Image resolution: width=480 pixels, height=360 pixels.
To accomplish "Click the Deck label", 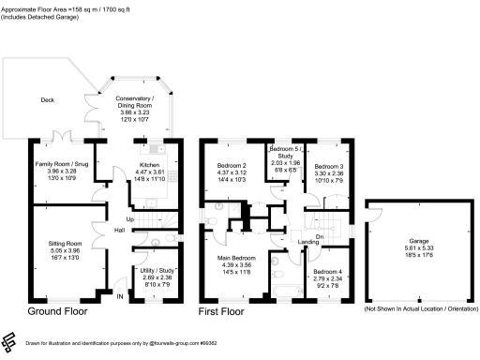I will (x=46, y=100).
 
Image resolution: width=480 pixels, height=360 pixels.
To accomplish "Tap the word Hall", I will (x=120, y=229).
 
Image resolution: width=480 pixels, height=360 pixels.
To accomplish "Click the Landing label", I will (x=307, y=242).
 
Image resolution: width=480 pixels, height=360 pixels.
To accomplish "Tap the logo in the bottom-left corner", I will (x=9, y=339).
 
